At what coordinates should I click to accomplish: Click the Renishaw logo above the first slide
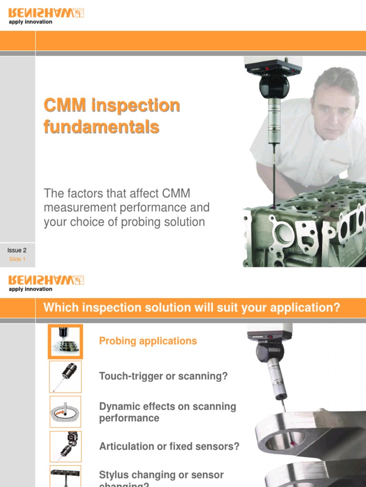[x=46, y=13]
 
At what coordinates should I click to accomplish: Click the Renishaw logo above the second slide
[x=46, y=280]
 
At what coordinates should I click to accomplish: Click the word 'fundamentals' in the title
[x=101, y=127]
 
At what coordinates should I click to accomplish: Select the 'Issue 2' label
[x=17, y=250]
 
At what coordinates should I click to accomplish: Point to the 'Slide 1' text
[x=17, y=259]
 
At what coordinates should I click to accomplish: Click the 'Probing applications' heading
[x=148, y=341]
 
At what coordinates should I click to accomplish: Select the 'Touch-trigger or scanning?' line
[x=163, y=376]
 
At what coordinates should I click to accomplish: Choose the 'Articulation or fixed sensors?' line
[x=169, y=447]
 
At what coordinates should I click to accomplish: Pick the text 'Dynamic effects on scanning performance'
[x=167, y=412]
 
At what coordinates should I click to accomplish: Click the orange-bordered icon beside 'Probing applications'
[x=65, y=341]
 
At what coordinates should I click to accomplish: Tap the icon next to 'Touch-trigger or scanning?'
[x=65, y=377]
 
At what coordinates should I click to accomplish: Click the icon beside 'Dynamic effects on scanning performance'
[x=65, y=412]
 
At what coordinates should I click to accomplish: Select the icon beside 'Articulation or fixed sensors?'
[x=65, y=447]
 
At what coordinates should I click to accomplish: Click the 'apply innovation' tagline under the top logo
[x=30, y=22]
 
